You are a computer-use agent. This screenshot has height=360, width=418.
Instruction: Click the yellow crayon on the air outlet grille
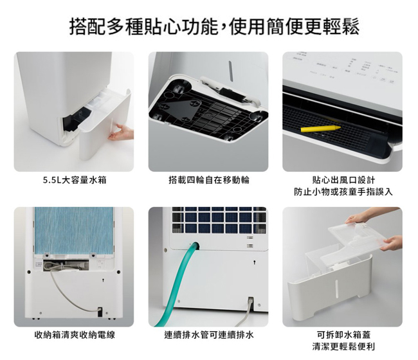click(321, 129)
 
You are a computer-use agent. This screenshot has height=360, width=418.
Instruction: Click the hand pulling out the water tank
click(122, 132)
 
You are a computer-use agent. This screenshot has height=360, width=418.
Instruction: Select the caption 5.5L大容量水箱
click(75, 181)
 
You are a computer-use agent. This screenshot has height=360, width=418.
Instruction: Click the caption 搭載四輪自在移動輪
click(209, 181)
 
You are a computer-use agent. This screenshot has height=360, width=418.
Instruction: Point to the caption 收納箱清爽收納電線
click(75, 335)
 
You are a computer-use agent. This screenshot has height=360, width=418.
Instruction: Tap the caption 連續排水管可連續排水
click(209, 335)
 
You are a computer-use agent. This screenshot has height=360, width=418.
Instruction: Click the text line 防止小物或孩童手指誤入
click(343, 192)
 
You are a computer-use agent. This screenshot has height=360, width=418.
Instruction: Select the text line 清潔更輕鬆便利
click(343, 346)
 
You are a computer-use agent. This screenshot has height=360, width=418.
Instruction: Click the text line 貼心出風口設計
click(343, 180)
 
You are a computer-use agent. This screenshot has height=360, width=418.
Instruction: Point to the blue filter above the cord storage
click(74, 231)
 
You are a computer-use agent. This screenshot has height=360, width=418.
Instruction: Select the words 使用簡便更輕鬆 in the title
click(294, 27)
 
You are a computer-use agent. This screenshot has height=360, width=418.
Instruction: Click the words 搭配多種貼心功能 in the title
click(143, 27)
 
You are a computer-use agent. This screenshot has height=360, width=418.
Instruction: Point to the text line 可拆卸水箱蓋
click(343, 335)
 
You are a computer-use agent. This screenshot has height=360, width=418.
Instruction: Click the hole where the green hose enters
click(195, 246)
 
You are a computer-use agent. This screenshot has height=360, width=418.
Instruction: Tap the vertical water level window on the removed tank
click(337, 289)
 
